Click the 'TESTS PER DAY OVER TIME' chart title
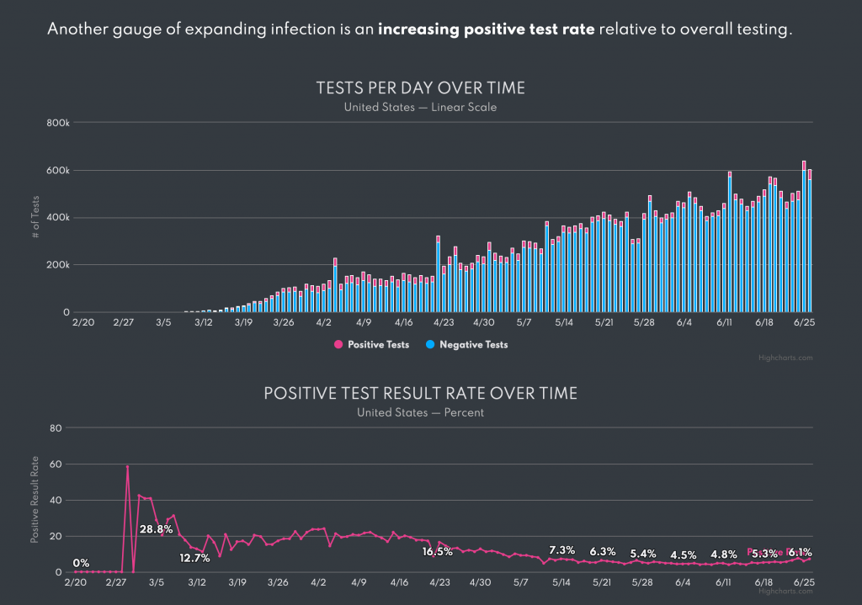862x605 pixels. click(x=420, y=88)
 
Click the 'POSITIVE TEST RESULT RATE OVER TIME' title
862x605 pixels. click(x=420, y=394)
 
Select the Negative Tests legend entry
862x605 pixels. click(x=471, y=344)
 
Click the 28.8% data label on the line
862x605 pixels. click(x=157, y=529)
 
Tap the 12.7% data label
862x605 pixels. click(x=195, y=557)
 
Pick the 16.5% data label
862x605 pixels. click(x=438, y=552)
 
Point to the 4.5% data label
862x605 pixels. click(x=684, y=555)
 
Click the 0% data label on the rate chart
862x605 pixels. click(x=82, y=563)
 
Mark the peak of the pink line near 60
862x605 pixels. click(x=127, y=466)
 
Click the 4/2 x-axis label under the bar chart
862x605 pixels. click(x=324, y=321)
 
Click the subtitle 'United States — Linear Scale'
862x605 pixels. click(x=420, y=107)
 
